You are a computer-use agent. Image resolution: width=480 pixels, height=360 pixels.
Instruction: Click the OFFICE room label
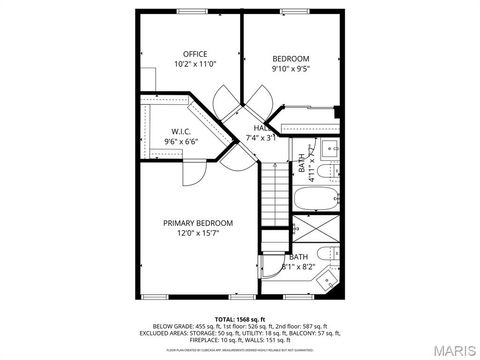click(194, 53)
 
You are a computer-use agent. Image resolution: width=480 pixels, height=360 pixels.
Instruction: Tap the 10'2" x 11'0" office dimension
click(194, 64)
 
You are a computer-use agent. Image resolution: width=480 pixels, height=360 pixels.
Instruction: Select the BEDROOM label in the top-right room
click(290, 59)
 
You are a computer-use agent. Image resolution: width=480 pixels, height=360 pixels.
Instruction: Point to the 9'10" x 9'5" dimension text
click(290, 70)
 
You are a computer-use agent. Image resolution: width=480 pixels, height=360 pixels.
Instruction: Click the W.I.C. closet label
click(181, 131)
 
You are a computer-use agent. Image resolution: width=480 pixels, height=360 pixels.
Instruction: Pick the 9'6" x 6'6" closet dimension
click(181, 142)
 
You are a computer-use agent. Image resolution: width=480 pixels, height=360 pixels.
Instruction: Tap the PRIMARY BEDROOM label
click(198, 223)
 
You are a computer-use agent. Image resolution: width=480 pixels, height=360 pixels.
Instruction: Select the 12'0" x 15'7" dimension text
click(198, 234)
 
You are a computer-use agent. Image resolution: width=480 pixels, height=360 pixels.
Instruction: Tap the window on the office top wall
click(191, 10)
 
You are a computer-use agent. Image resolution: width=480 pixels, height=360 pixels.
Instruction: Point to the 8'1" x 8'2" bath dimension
click(298, 267)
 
